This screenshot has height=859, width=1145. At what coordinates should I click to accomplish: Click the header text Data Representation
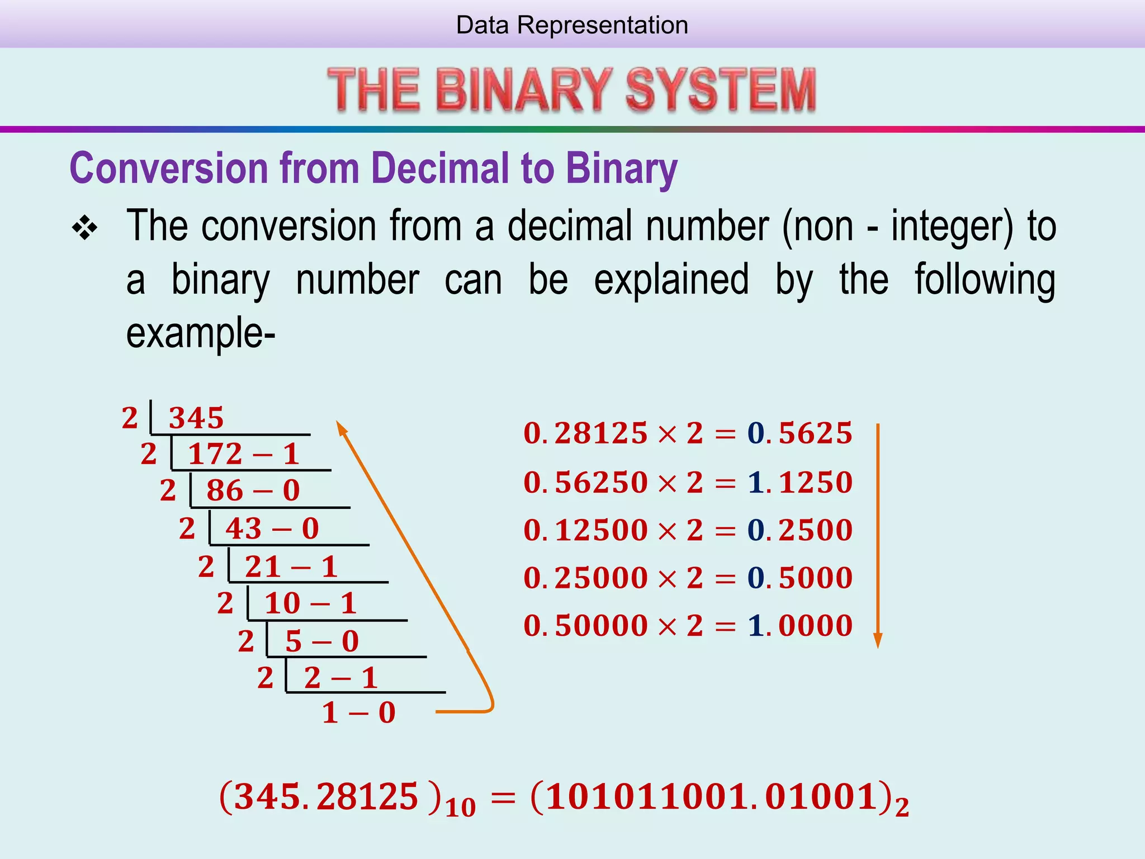pyautogui.click(x=572, y=25)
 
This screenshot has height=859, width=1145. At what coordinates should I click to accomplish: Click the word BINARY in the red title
pyautogui.click(x=524, y=89)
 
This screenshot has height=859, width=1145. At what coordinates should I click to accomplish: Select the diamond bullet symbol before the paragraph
pyautogui.click(x=85, y=228)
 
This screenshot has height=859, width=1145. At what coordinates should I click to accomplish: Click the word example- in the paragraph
pyautogui.click(x=201, y=333)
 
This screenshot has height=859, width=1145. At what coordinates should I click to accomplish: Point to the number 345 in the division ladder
pyautogui.click(x=196, y=418)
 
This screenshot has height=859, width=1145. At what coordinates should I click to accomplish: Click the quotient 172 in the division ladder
pyautogui.click(x=215, y=454)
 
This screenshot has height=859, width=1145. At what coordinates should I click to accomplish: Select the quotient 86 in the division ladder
pyautogui.click(x=225, y=490)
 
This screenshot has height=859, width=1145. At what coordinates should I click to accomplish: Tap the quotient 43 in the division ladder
pyautogui.click(x=243, y=528)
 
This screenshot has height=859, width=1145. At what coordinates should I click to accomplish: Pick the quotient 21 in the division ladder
pyautogui.click(x=263, y=567)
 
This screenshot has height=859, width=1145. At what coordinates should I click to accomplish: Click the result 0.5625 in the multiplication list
pyautogui.click(x=800, y=433)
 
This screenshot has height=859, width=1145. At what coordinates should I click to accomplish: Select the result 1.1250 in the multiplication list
pyautogui.click(x=800, y=482)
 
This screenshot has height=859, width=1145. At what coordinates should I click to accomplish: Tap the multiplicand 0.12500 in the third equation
pyautogui.click(x=585, y=530)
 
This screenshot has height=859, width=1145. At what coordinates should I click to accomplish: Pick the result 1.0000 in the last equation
pyautogui.click(x=800, y=625)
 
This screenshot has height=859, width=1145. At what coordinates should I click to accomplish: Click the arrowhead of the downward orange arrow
pyautogui.click(x=878, y=641)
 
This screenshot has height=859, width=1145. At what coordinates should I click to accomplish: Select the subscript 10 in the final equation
pyautogui.click(x=461, y=808)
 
